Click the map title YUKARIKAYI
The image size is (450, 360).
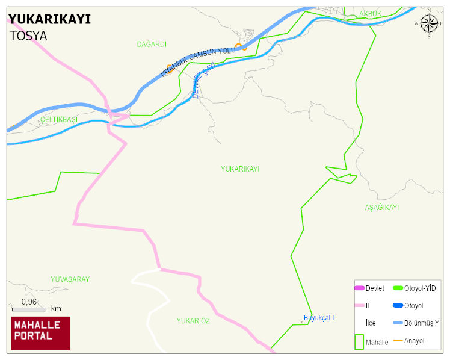[50, 19]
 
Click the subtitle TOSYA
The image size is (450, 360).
[28, 36]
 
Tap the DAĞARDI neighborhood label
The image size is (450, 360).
[152, 45]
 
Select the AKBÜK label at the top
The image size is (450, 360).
[370, 14]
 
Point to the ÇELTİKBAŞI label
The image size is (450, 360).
[58, 120]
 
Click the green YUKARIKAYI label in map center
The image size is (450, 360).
[240, 169]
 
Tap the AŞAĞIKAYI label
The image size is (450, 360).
[381, 208]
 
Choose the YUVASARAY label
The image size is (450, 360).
[70, 279]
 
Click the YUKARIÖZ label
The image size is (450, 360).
[193, 321]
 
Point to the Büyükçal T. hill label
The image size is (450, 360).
[319, 317]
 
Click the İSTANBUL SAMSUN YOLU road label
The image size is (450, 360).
[198, 62]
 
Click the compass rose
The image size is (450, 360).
[428, 23]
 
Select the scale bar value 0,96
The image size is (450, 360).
[29, 302]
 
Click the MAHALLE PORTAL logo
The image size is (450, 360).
[41, 333]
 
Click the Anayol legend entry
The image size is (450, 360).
[414, 341]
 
